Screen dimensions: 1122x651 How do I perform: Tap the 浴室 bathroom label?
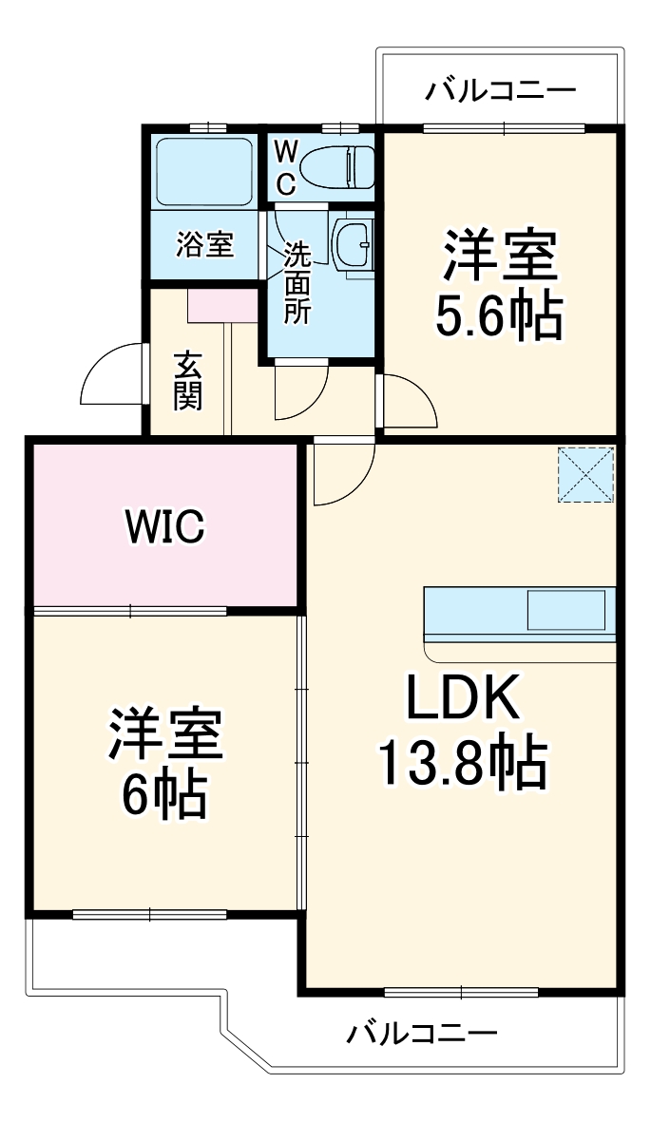coord(203,244)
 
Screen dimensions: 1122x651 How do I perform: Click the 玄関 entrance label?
coord(187,381)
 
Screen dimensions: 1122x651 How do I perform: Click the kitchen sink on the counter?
coord(566,609)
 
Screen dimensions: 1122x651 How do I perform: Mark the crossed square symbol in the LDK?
coord(586,473)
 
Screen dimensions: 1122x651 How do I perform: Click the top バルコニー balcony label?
coord(500,91)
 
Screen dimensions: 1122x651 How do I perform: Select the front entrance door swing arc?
coord(111,374)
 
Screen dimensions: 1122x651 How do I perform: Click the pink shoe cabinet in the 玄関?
coord(222,306)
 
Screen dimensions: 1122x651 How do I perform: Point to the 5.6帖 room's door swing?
coord(407,404)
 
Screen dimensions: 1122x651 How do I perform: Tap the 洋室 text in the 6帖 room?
coord(163,734)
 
